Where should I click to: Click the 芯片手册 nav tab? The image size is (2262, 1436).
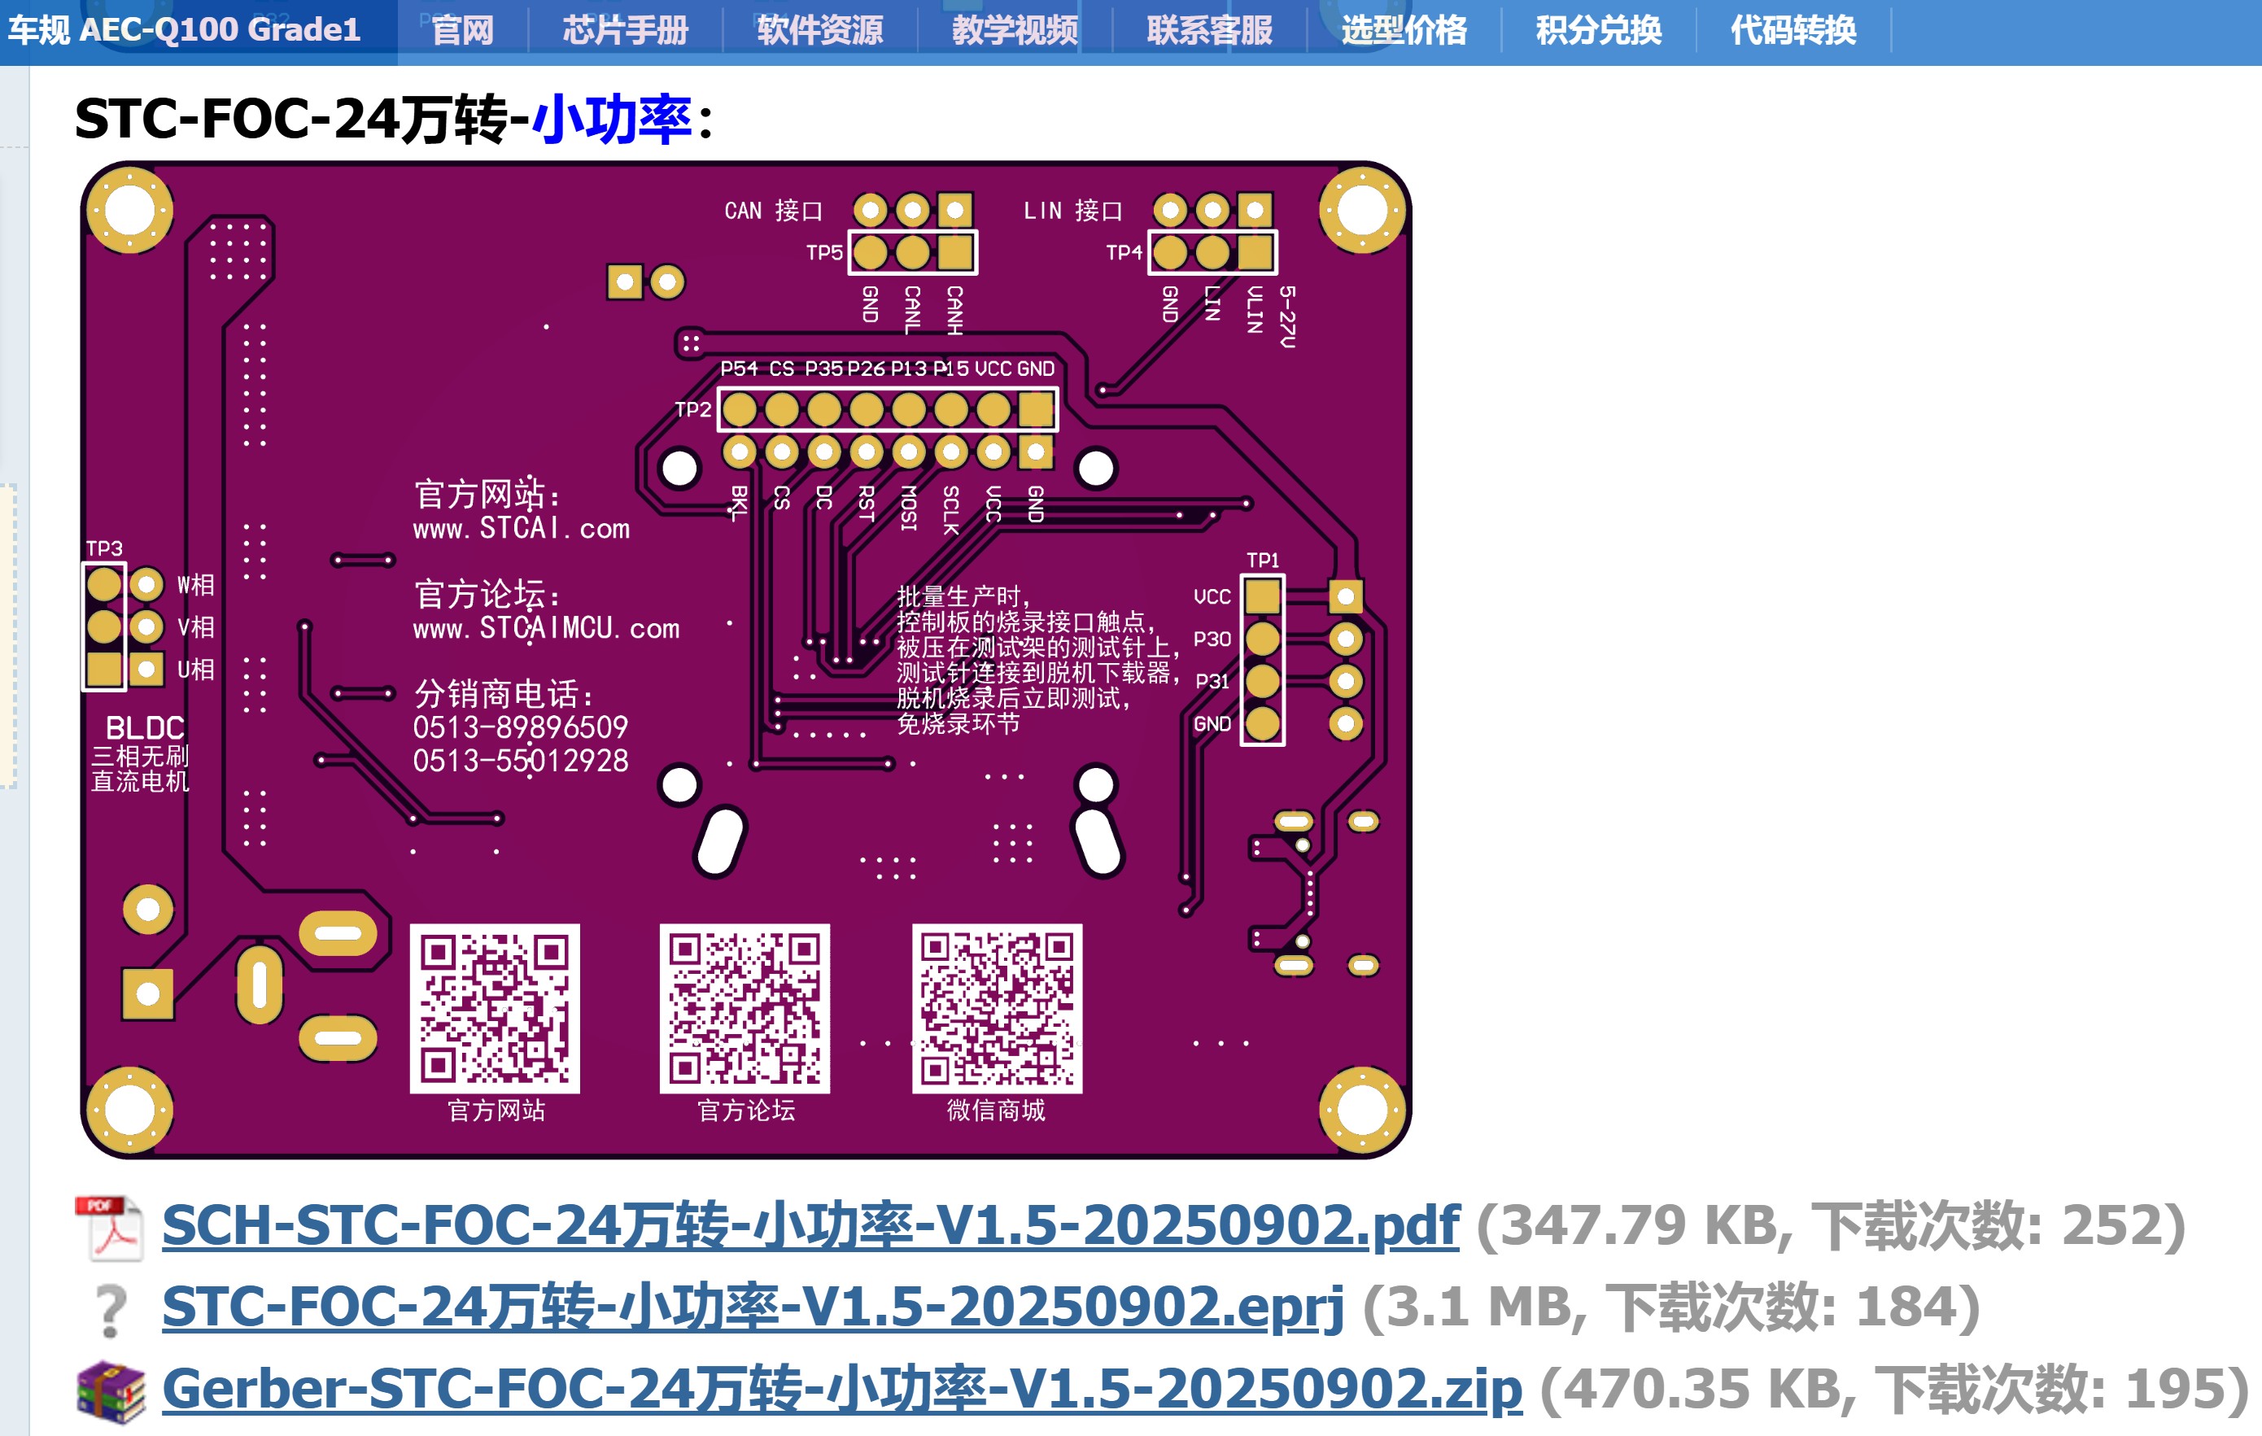pos(625,30)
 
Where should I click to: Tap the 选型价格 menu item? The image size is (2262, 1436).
pos(1404,30)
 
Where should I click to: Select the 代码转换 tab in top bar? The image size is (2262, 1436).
pos(1793,30)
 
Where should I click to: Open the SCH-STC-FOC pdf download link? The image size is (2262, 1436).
pos(810,1225)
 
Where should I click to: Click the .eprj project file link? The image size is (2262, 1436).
pos(752,1307)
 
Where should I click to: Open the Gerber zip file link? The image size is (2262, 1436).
pos(841,1389)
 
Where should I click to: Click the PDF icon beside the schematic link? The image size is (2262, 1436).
pos(110,1227)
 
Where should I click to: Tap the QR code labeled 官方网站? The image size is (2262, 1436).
pos(494,1008)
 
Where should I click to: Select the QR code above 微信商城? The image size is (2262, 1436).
pos(996,1008)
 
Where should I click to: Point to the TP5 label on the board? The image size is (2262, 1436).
pos(823,253)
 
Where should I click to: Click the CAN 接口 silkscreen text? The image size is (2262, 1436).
pos(772,211)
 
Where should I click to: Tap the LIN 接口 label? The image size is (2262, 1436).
pos(1072,211)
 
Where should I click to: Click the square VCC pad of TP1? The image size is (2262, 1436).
pos(1263,596)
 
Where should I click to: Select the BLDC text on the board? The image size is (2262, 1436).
pos(145,728)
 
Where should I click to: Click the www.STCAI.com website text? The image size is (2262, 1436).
pos(522,529)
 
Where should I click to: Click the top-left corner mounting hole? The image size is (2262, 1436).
pos(129,212)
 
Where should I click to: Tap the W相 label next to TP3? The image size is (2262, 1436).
pos(195,585)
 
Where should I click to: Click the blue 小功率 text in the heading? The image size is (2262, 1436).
pos(612,120)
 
